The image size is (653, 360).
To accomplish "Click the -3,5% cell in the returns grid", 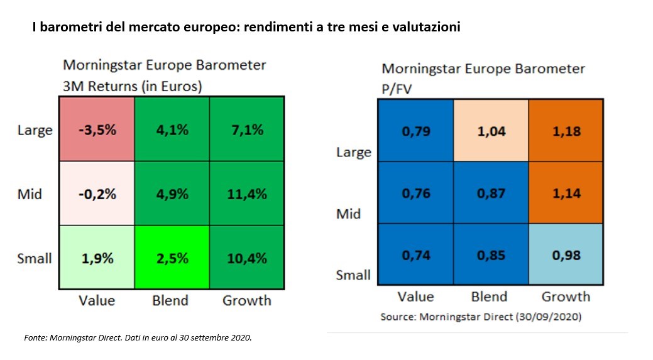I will click(96, 130).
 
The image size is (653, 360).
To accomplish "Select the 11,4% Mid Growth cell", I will click(246, 194).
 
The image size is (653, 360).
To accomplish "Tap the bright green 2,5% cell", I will click(170, 258).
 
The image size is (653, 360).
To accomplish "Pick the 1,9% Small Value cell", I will click(96, 258).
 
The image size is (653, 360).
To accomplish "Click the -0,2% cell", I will click(96, 194).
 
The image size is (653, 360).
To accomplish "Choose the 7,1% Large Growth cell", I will click(246, 130).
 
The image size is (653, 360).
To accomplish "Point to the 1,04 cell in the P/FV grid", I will click(490, 132).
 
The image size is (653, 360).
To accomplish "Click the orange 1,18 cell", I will click(566, 132).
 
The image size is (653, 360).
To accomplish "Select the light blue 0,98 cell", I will click(566, 255).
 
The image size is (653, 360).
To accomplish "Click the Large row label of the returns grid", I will click(35, 131).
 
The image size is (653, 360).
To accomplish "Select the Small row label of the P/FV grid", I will click(354, 275).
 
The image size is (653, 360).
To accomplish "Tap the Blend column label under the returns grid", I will click(170, 300).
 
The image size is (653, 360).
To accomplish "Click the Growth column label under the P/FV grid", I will click(566, 297).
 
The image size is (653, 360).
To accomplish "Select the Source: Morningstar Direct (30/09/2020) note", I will click(481, 317).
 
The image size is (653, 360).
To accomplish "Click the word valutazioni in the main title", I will click(424, 29).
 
